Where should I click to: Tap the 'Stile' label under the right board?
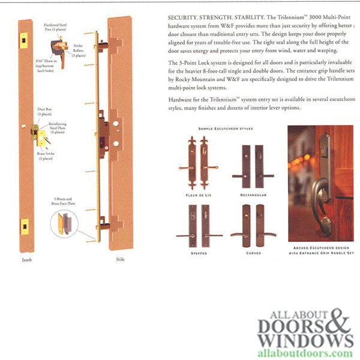(x=119, y=260)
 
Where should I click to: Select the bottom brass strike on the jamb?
(x=25, y=227)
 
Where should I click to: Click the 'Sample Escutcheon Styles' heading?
(x=226, y=128)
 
